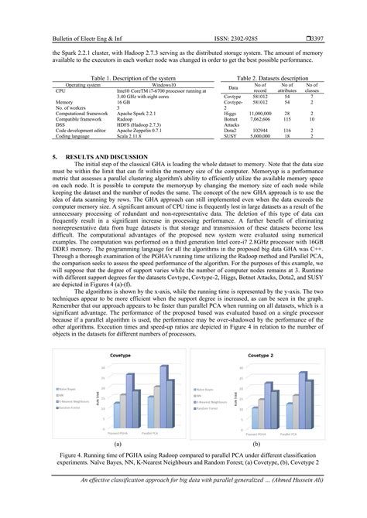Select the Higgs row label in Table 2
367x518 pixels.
click(230, 111)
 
